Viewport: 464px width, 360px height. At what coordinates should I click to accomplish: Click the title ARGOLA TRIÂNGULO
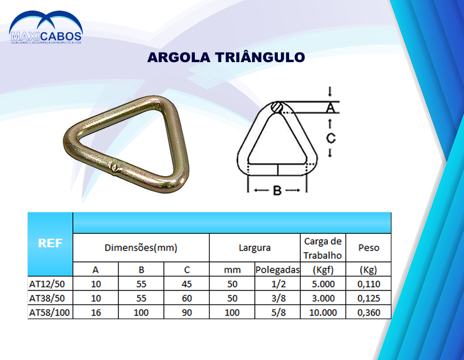[226, 57]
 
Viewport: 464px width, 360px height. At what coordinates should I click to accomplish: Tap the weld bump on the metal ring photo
[116, 168]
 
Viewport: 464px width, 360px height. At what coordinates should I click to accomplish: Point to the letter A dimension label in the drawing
[330, 107]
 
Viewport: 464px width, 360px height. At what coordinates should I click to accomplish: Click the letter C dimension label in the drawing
[330, 138]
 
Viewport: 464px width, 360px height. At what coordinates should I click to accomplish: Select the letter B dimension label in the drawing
[277, 190]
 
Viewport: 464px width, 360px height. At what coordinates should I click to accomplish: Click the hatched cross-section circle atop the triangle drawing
[277, 107]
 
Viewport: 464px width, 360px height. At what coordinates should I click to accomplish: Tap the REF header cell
[50, 243]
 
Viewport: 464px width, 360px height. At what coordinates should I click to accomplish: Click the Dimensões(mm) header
[141, 248]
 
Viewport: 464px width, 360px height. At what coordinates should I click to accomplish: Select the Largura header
[255, 248]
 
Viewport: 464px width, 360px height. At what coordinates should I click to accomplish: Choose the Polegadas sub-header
[278, 270]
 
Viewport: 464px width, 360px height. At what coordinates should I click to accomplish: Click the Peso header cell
[369, 248]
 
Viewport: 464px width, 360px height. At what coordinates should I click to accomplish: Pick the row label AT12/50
[47, 284]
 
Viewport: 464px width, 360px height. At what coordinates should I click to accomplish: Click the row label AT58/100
[49, 312]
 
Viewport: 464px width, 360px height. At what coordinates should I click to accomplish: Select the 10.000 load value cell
[323, 312]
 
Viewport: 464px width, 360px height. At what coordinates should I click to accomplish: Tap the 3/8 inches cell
[278, 298]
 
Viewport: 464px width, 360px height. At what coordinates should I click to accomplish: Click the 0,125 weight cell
[369, 298]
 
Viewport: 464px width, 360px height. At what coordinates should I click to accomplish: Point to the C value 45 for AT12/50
[187, 284]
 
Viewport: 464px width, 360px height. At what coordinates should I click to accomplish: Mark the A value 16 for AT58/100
[96, 312]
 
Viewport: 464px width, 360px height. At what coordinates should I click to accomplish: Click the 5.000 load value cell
[323, 284]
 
